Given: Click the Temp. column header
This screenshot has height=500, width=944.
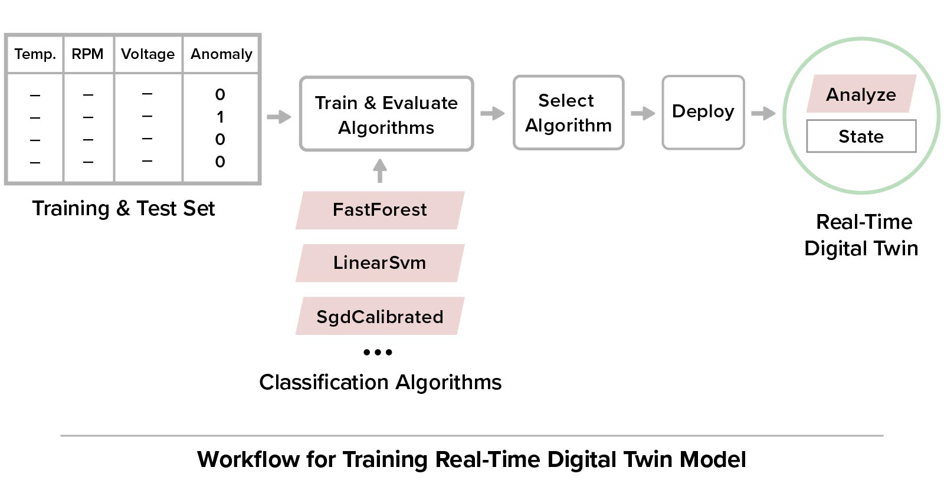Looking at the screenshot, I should click(x=35, y=54).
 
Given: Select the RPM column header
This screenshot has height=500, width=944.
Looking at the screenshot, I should click(x=87, y=54).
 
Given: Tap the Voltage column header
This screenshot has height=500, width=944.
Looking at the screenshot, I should click(x=147, y=54).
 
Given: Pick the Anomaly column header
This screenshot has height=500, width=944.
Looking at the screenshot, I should click(x=221, y=54).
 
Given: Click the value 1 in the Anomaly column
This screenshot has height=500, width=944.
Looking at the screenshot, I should click(x=220, y=117).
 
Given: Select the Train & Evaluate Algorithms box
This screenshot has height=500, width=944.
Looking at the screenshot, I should click(x=386, y=114).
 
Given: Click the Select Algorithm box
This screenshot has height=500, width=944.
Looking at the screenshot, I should click(x=568, y=113).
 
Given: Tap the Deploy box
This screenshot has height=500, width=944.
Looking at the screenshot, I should click(x=703, y=112).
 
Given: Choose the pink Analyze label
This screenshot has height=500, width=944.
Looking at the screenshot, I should click(x=861, y=94).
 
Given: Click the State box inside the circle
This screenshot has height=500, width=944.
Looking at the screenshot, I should click(x=861, y=136).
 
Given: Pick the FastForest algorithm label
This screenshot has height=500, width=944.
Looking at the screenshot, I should click(x=379, y=210).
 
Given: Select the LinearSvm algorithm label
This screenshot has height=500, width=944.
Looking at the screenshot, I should click(x=379, y=263).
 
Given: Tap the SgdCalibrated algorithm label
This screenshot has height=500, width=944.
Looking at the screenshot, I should click(x=379, y=317).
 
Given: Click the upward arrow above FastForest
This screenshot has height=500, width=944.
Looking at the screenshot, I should click(x=380, y=170).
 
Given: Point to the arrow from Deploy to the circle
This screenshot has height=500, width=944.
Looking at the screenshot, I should click(x=763, y=113).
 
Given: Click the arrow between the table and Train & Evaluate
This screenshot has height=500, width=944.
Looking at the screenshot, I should click(x=279, y=117).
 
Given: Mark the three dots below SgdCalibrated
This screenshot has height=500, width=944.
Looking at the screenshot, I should click(x=378, y=352).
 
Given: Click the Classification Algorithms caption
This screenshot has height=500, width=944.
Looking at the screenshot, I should click(x=380, y=382).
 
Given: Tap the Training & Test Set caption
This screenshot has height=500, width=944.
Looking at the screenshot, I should click(x=123, y=208).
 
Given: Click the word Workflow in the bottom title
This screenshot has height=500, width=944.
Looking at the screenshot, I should click(x=248, y=459).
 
